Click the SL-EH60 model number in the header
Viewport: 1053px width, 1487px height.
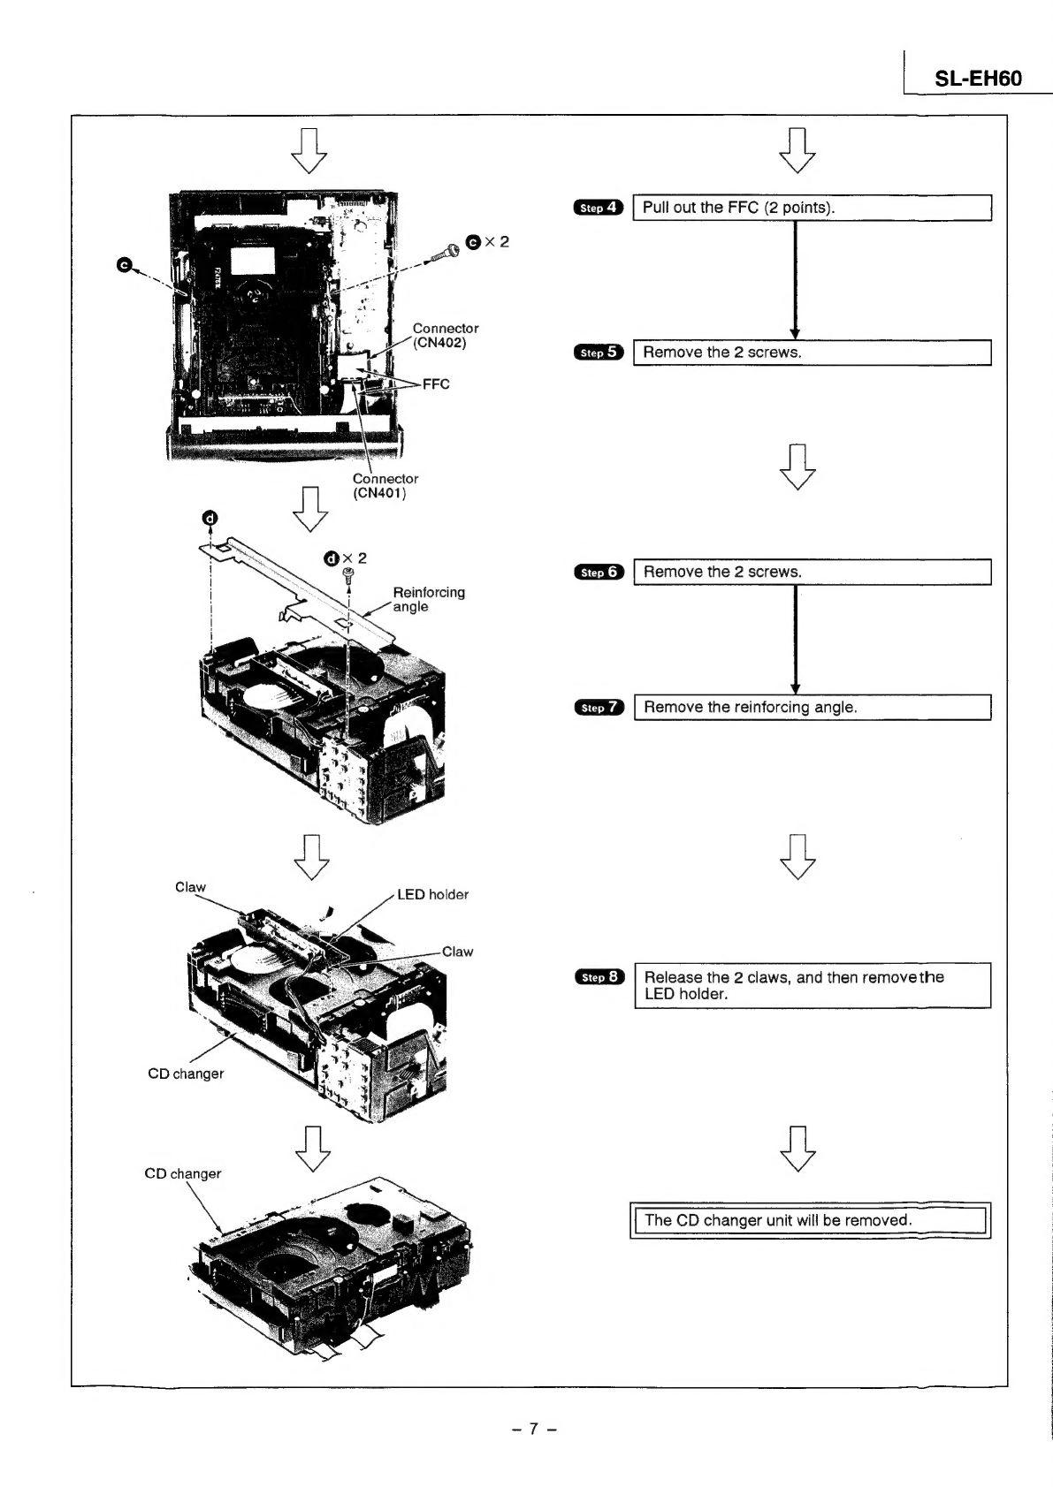978,79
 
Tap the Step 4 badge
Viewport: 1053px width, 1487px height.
599,209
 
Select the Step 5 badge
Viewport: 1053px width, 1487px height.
599,353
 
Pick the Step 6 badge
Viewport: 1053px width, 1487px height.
599,573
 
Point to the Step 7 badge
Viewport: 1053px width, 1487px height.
599,708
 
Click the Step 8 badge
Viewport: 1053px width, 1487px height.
599,977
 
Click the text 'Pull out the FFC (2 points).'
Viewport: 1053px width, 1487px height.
738,208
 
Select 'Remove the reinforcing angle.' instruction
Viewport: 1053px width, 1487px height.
750,707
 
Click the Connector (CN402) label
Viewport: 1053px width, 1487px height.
446,335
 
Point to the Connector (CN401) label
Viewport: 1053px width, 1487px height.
385,486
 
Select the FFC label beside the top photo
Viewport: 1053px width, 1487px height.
436,384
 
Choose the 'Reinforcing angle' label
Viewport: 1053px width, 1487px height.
429,599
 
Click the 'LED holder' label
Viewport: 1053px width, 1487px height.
432,894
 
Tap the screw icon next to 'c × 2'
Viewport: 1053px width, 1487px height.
445,252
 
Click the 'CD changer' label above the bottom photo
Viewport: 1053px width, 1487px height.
182,1173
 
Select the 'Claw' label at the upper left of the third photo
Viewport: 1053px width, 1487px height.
190,887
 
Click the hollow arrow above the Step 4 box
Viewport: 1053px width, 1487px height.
797,150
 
